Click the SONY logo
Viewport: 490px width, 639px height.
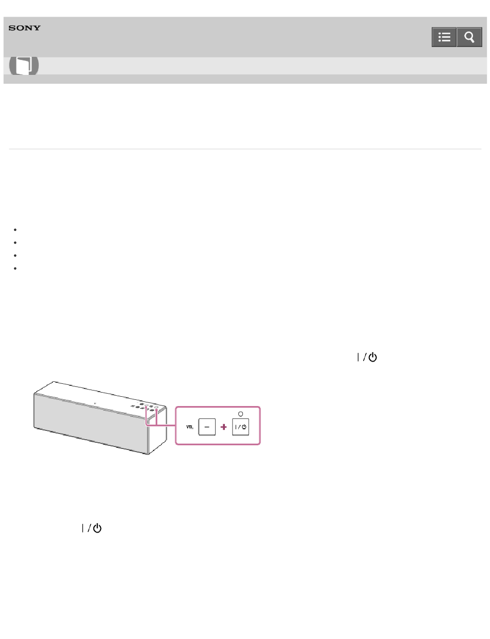click(x=24, y=28)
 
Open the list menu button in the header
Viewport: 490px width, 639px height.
click(x=444, y=37)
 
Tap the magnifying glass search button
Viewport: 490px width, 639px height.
click(x=469, y=37)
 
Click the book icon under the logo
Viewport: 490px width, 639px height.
click(x=24, y=65)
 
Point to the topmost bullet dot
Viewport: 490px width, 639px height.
click(x=15, y=229)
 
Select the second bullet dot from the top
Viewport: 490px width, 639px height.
click(x=15, y=242)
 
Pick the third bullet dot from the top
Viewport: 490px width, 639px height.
click(x=15, y=255)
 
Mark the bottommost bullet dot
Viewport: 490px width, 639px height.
click(x=15, y=268)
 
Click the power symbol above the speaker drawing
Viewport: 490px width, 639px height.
click(x=367, y=357)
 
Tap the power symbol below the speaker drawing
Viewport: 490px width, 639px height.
click(x=92, y=528)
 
